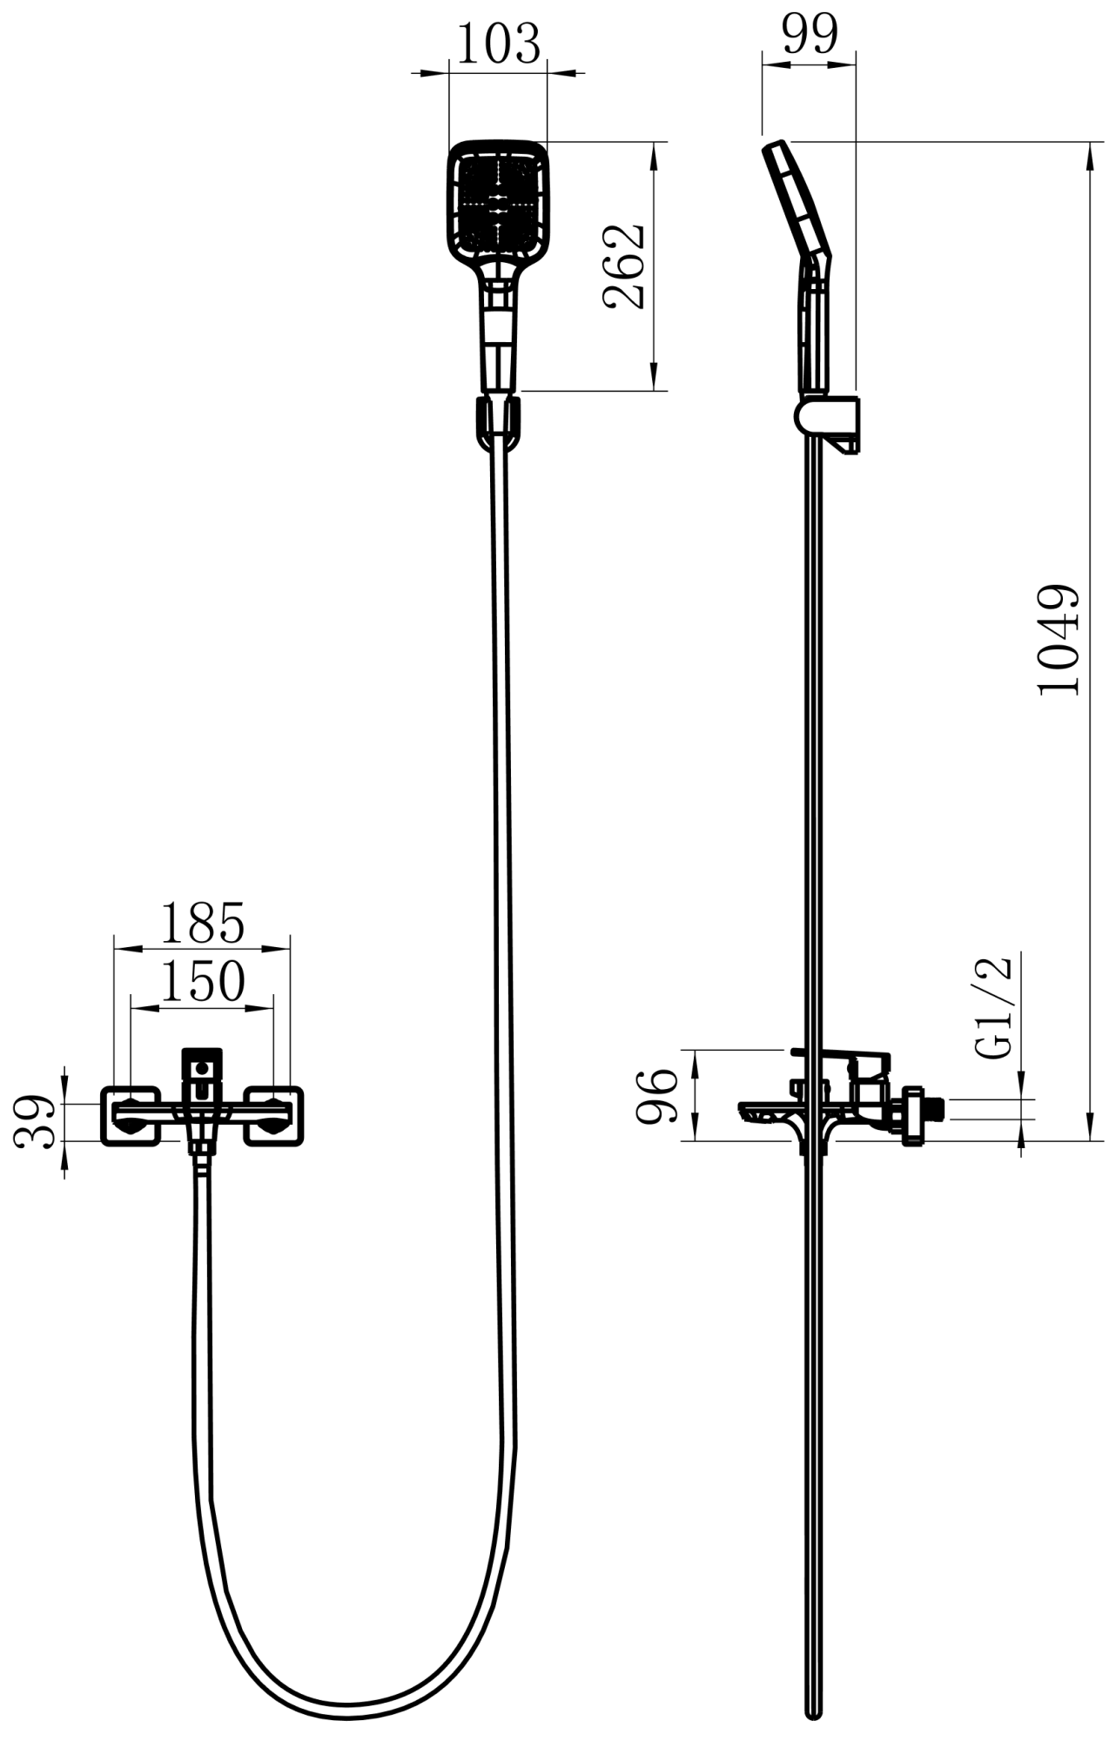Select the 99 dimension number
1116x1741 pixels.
(810, 34)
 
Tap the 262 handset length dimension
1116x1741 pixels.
(622, 266)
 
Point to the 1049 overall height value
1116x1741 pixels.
(1059, 639)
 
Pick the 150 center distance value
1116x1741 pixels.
(202, 982)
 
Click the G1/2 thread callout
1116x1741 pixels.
(993, 1006)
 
